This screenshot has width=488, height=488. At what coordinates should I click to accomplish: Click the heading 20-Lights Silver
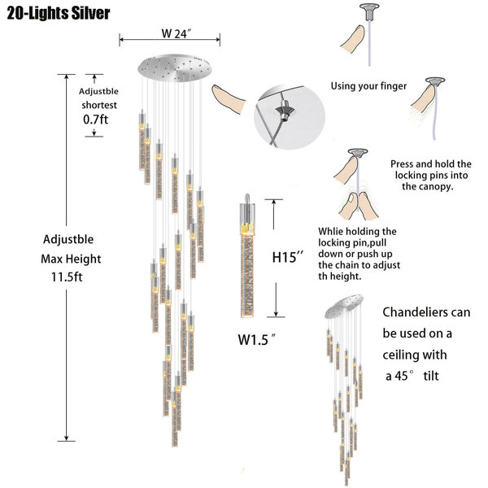tap(59, 13)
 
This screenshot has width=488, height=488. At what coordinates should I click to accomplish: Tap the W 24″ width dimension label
tap(176, 33)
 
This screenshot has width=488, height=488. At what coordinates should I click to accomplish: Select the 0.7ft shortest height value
tap(95, 120)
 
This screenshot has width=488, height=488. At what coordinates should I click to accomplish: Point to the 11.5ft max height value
tap(67, 277)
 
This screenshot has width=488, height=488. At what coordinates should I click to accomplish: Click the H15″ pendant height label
tap(288, 257)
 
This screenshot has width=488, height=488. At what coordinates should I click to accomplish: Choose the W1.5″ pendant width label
tap(257, 339)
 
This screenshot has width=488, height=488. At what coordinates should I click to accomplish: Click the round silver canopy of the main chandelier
tap(174, 68)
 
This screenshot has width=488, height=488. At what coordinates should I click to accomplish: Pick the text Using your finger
tap(368, 86)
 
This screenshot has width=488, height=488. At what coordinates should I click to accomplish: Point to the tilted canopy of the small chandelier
tap(344, 307)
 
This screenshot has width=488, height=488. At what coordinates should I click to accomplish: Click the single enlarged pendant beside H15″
tap(247, 255)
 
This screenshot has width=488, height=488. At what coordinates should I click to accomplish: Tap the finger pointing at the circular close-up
tap(228, 98)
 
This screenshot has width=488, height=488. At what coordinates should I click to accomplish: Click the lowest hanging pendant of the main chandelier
tap(175, 423)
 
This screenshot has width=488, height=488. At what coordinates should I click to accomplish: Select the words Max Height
tap(71, 259)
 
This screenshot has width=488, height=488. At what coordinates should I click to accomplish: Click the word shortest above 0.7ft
tap(99, 105)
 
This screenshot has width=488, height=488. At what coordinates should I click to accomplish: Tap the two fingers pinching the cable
tap(359, 207)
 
